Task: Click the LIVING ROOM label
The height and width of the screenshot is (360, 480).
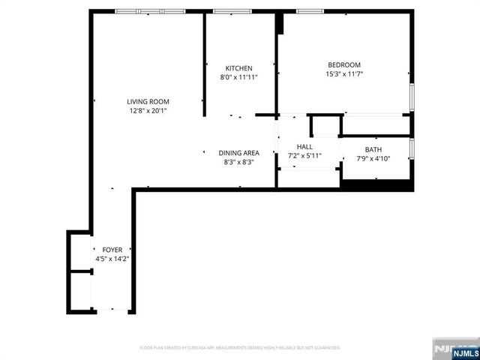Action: tap(148, 102)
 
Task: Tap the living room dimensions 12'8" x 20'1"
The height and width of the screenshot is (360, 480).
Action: tap(148, 112)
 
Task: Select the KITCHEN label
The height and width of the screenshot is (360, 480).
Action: tap(239, 68)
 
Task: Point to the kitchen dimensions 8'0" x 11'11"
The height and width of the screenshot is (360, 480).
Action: tap(239, 77)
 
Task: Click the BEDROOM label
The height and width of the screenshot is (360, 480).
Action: tap(343, 64)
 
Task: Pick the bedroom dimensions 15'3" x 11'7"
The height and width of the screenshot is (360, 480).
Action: tap(343, 74)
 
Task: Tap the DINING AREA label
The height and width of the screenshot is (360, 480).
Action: tap(238, 153)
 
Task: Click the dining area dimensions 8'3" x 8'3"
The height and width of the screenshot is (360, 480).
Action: tap(238, 162)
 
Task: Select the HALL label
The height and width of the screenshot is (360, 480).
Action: tap(304, 146)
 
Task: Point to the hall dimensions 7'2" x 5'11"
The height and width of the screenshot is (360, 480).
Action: tap(304, 155)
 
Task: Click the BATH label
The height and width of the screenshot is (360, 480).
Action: tap(373, 149)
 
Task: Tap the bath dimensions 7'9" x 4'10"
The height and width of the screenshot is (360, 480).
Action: tap(373, 158)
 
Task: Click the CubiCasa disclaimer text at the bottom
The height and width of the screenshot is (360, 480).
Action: tap(240, 348)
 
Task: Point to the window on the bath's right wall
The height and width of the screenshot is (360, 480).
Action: tap(412, 148)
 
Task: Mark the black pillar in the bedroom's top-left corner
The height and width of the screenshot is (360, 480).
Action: tap(280, 22)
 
